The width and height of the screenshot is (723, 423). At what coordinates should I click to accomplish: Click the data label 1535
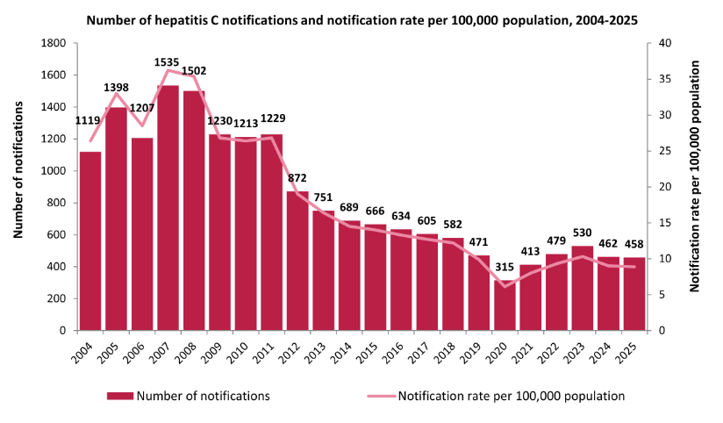[x=168, y=62]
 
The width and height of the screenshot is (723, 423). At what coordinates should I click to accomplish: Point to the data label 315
[x=453, y=268]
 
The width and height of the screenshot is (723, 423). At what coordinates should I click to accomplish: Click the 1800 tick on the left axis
[x=55, y=43]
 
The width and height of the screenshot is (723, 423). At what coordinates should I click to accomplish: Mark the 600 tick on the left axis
[x=59, y=234]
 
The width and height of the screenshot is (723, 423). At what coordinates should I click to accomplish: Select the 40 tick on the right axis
[x=664, y=43]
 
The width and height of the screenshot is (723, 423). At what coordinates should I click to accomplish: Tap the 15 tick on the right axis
[x=664, y=223]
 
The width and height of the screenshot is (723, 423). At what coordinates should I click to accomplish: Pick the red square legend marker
[x=119, y=396]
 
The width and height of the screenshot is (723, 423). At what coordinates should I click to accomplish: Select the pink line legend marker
[x=380, y=396]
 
